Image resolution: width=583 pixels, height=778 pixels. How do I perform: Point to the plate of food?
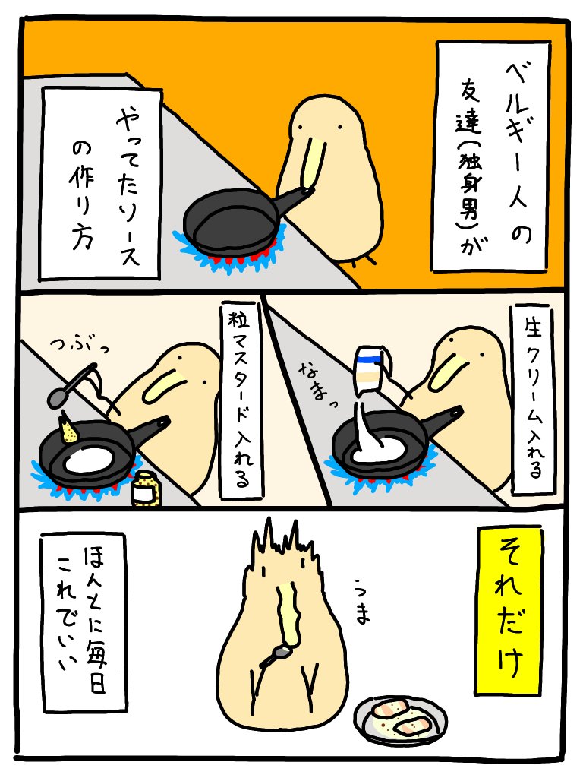(x=400, y=717)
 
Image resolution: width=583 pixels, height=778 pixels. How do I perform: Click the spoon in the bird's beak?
(x=277, y=655)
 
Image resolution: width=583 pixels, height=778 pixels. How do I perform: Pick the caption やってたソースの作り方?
(x=101, y=182)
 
